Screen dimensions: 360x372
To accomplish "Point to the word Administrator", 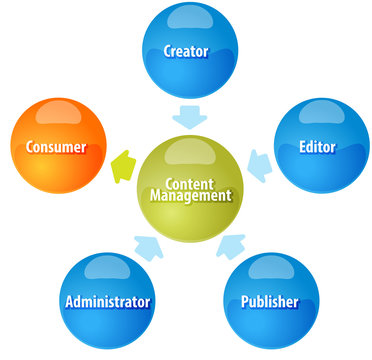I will pyautogui.click(x=107, y=301).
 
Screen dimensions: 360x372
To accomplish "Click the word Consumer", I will pyautogui.click(x=56, y=148).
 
